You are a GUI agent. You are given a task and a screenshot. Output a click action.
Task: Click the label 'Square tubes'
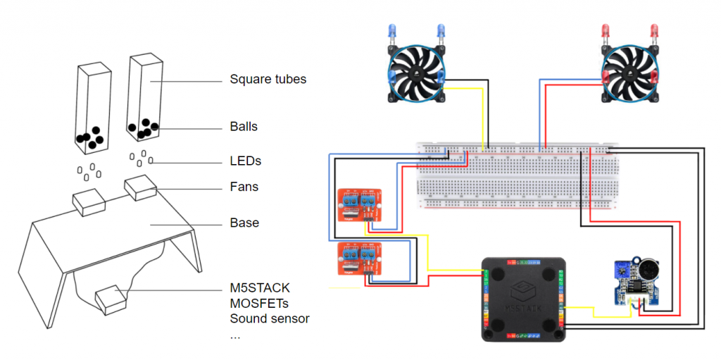click(x=268, y=79)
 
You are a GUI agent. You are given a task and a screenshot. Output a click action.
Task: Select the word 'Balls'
click(x=244, y=127)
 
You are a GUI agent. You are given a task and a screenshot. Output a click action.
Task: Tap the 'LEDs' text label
click(x=245, y=161)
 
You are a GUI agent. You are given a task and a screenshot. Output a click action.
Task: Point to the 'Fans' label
click(x=244, y=187)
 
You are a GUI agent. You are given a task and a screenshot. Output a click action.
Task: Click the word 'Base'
click(x=244, y=223)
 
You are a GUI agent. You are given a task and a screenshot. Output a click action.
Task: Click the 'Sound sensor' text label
click(x=270, y=318)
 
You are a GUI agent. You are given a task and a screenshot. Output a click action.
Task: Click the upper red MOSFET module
click(x=360, y=206)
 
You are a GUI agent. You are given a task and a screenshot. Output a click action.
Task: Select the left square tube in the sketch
click(x=91, y=109)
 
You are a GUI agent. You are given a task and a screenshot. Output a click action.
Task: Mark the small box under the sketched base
click(x=111, y=299)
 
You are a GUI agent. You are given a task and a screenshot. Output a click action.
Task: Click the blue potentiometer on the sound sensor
click(x=622, y=268)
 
